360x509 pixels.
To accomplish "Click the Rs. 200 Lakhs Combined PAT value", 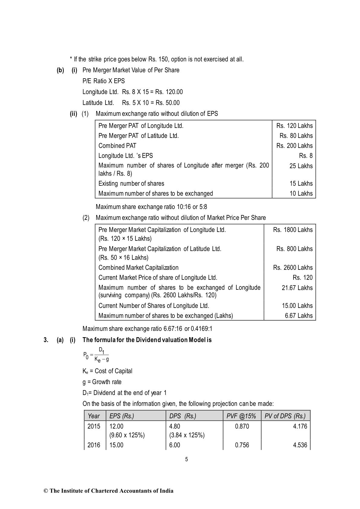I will (294, 146).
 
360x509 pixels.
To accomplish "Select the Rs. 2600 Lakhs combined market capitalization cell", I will (293, 268).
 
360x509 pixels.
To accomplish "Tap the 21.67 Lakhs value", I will (297, 288).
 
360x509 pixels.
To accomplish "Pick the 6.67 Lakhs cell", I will (299, 316).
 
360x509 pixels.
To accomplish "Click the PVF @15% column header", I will (241, 416).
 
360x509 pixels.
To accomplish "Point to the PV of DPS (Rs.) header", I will (285, 416).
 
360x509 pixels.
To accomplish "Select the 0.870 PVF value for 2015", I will (242, 426).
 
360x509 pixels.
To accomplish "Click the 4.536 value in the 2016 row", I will (300, 445).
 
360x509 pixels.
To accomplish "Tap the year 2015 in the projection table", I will (94, 426).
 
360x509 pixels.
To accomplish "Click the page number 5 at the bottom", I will (186, 459).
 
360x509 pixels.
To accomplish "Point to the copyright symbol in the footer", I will (46, 491).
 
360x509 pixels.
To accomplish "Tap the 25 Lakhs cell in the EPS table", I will (301, 166).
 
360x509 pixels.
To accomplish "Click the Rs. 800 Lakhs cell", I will (294, 249).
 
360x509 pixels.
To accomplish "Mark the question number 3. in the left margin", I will (46, 340).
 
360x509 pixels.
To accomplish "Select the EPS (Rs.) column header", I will (122, 416).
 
